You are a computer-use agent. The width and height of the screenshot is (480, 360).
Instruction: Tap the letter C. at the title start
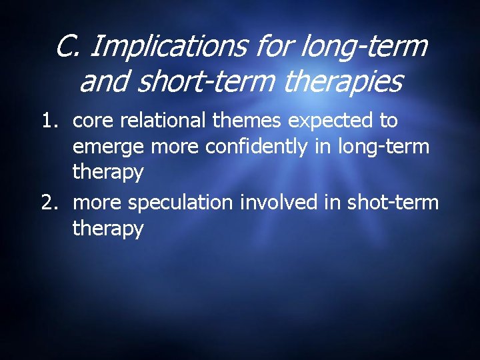click(x=68, y=47)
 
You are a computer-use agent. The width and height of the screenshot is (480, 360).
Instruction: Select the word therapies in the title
click(x=343, y=82)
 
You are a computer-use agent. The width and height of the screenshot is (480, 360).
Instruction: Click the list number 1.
click(x=51, y=121)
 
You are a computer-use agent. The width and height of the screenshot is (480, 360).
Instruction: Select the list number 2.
click(x=51, y=203)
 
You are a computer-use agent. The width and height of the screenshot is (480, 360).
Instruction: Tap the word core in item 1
click(x=92, y=121)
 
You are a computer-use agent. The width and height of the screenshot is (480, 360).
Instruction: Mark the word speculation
click(x=181, y=203)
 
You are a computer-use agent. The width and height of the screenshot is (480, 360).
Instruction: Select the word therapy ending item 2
click(x=108, y=229)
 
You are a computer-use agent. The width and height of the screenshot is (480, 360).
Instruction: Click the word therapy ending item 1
click(x=108, y=172)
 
